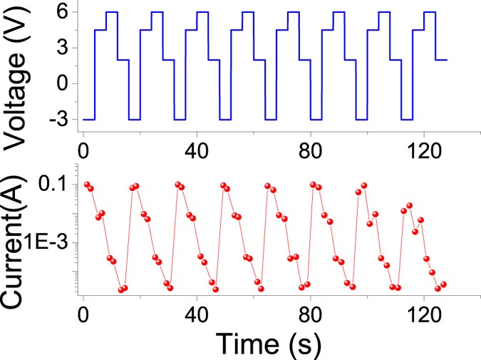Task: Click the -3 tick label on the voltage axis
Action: click(58, 119)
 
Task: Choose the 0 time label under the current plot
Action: click(84, 312)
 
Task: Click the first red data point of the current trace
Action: click(87, 184)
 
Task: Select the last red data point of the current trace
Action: click(443, 284)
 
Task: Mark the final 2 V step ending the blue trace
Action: click(441, 60)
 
